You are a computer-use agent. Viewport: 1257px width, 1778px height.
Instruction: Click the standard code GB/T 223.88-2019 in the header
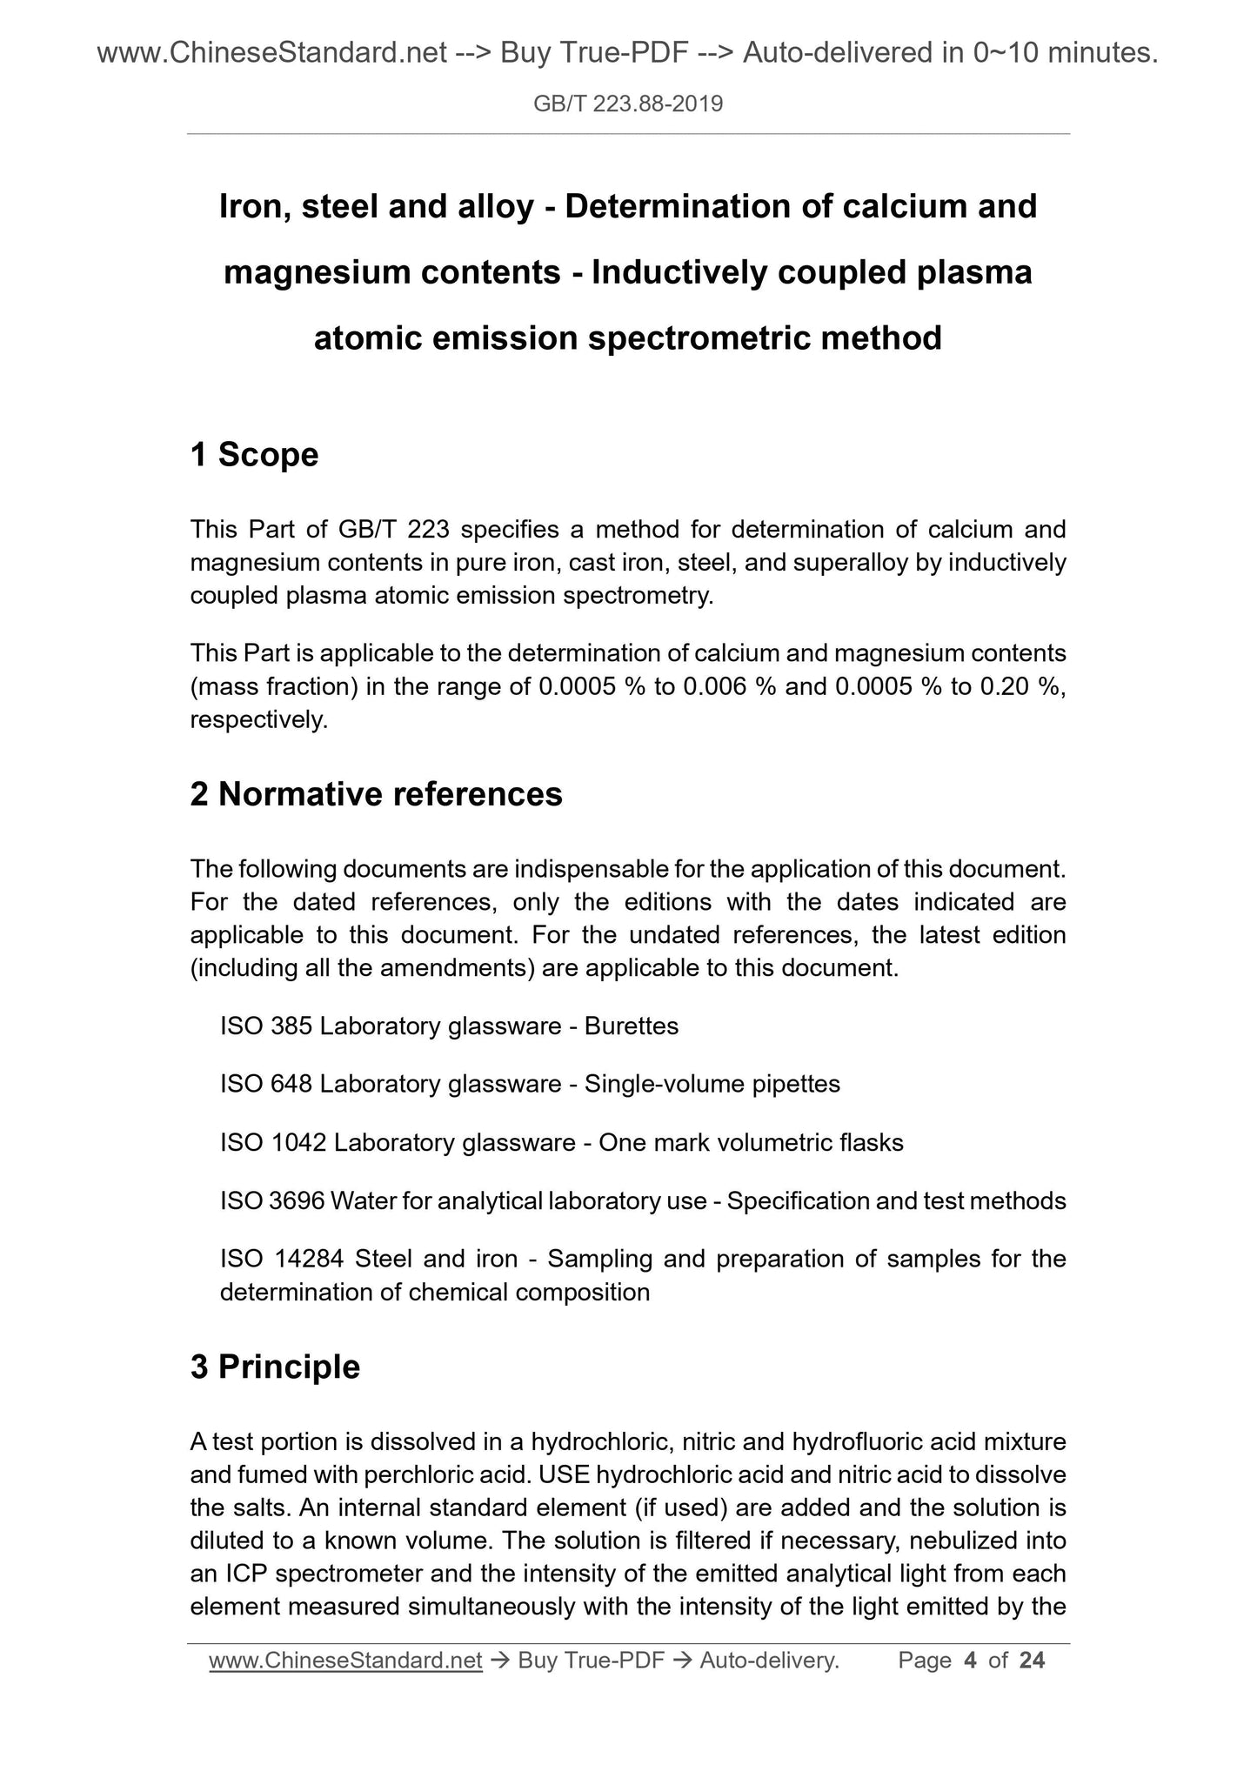coord(627,105)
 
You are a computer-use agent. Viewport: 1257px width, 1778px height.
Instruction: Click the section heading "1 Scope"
coord(254,454)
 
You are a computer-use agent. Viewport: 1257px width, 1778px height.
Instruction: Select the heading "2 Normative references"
coord(376,794)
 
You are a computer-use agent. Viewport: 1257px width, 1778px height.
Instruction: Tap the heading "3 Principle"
coord(275,1367)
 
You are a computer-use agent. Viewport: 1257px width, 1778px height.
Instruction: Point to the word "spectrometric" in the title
coord(699,338)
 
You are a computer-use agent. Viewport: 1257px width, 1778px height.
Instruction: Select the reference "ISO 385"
coord(266,1026)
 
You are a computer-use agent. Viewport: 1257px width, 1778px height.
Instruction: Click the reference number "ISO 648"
coord(266,1084)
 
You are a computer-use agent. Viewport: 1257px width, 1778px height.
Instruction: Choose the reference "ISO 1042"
coord(273,1142)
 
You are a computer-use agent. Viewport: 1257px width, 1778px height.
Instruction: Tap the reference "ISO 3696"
coord(272,1200)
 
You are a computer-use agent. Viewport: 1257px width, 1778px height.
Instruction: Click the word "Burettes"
coord(632,1026)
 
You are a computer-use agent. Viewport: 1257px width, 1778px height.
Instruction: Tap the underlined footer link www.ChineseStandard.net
coord(345,1661)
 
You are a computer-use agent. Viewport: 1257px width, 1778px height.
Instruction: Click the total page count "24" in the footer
coord(1032,1661)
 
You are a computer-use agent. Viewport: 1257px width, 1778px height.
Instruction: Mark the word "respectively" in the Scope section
coord(257,720)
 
